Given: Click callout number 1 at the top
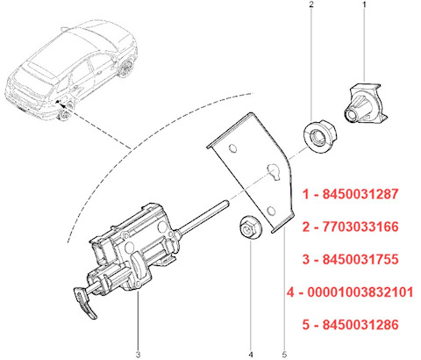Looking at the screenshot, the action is coord(364,4).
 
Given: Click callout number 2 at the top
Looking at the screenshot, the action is coord(310,4).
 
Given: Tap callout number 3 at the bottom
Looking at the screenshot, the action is coord(138,355).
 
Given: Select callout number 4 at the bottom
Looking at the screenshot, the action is coord(251,355).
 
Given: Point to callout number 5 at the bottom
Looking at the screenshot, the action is coord(284,355).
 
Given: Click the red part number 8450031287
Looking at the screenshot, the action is coord(360,194).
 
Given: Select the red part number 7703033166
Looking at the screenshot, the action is coord(360,227).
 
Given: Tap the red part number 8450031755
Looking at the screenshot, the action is coord(360,259).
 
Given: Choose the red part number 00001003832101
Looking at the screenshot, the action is coord(360,292).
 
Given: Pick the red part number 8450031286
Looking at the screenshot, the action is coord(360,325).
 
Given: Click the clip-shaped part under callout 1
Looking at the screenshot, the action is coord(365,103).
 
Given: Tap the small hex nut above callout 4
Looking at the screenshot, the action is coord(250,227).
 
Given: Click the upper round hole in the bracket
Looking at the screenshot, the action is coord(232,148).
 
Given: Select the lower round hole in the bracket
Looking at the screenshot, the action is coord(271,211).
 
